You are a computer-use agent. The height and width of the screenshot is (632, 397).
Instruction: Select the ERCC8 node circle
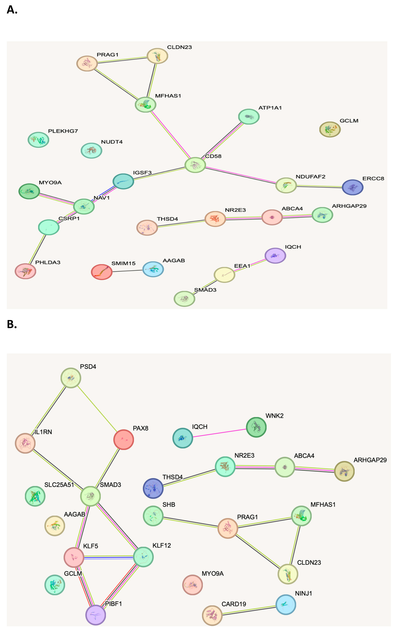[x=352, y=187]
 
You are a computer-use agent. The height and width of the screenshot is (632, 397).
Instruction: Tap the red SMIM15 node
[x=102, y=272]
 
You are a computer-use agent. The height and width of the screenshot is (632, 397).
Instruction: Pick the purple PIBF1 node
[x=96, y=615]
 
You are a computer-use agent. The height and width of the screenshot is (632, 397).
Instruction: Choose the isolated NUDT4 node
[x=91, y=150]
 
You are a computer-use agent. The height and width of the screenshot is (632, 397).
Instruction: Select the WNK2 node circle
[x=256, y=427]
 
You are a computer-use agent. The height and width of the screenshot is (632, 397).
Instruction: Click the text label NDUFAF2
[x=310, y=177]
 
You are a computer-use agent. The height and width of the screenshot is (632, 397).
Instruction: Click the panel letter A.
[x=12, y=10]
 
